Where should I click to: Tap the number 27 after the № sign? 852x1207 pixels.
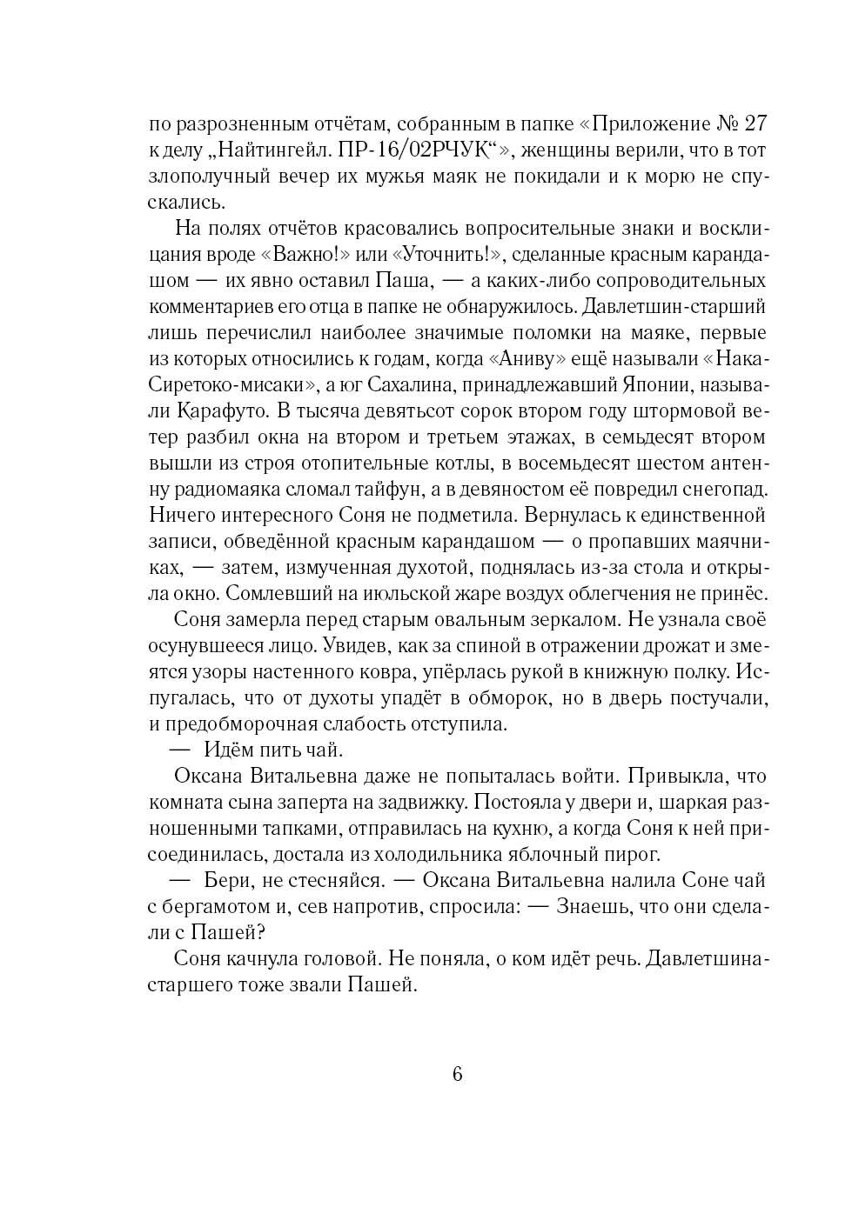point(753,123)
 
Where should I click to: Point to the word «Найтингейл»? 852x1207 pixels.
point(276,150)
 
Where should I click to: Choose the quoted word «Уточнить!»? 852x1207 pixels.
point(450,254)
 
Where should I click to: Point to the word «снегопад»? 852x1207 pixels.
point(719,489)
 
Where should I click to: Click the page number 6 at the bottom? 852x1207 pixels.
point(458,1073)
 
